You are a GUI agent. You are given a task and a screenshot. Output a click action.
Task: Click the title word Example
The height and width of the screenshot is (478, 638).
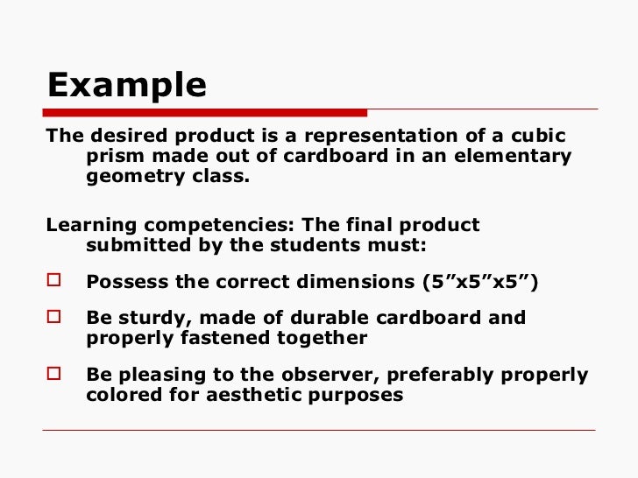tap(127, 85)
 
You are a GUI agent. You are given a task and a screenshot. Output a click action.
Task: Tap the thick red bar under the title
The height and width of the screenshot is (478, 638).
tap(206, 112)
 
